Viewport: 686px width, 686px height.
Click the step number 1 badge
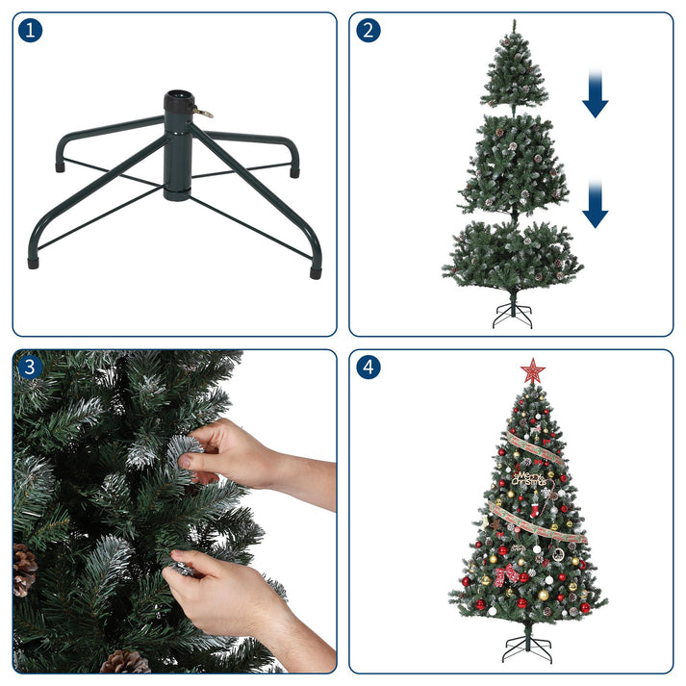[x=31, y=31]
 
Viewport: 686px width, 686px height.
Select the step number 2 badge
[x=368, y=31]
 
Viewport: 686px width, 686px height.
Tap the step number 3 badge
[x=31, y=367]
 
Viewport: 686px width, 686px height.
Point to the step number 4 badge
[x=368, y=367]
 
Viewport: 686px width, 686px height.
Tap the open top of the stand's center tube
[x=179, y=98]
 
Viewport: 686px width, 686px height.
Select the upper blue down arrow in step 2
[x=595, y=94]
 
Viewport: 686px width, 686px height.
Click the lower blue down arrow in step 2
[x=595, y=204]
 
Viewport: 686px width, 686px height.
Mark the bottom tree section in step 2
[x=512, y=258]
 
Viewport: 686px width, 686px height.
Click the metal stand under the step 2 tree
[x=512, y=314]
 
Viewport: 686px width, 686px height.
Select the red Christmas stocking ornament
[x=535, y=506]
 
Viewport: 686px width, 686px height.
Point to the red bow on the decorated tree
[x=506, y=575]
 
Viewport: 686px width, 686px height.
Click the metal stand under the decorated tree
[x=527, y=648]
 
